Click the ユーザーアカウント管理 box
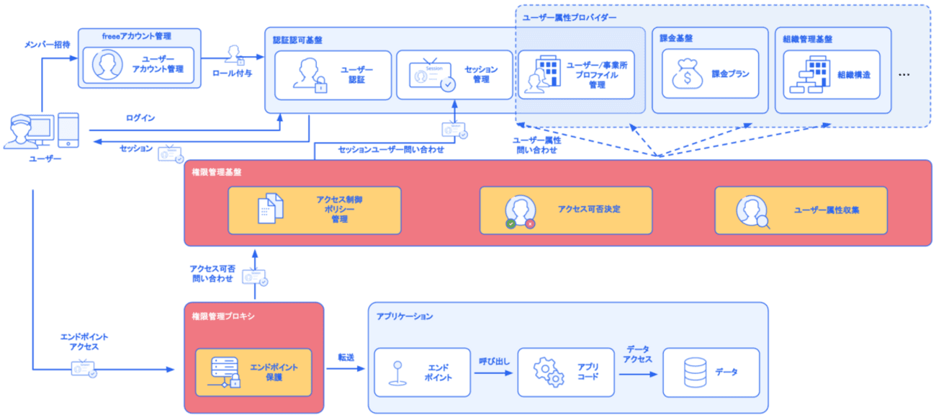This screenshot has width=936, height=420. [x=138, y=65]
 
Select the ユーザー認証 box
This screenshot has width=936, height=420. [x=333, y=74]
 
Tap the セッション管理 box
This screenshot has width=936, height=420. [x=454, y=74]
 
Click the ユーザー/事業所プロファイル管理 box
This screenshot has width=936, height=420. [x=576, y=74]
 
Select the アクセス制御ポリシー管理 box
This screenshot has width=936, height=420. [x=314, y=210]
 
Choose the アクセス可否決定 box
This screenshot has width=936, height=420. [x=566, y=210]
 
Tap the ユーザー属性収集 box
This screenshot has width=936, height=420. [x=801, y=210]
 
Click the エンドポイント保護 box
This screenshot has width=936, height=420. [x=253, y=372]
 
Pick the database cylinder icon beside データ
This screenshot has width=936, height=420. [x=695, y=372]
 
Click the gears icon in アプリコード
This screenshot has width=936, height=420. [x=548, y=372]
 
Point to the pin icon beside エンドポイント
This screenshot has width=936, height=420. [x=395, y=372]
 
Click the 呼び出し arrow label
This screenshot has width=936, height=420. [x=494, y=359]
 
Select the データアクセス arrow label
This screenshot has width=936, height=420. [x=638, y=354]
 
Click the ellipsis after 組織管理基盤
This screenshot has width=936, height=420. [x=906, y=74]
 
